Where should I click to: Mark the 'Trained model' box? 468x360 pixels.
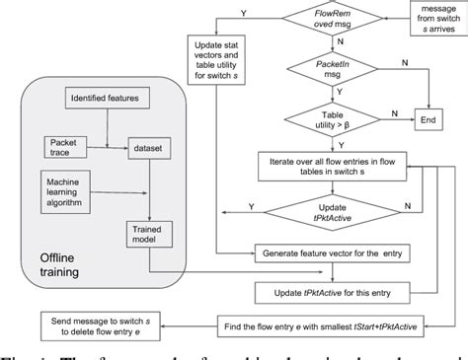click(x=141, y=235)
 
